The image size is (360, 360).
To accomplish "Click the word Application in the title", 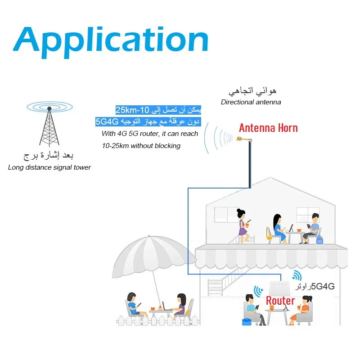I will pyautogui.click(x=111, y=40).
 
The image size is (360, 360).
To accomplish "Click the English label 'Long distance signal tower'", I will pyautogui.click(x=49, y=167).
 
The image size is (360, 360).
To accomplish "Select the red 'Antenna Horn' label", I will pyautogui.click(x=268, y=128).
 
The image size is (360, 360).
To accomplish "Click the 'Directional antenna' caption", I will pyautogui.click(x=251, y=102).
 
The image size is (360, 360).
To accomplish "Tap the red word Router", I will pyautogui.click(x=280, y=301).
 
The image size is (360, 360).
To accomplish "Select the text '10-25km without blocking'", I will pyautogui.click(x=141, y=146).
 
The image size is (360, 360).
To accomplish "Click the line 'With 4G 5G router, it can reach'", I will pyautogui.click(x=150, y=134).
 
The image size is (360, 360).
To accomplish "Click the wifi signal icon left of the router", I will pyautogui.click(x=258, y=291).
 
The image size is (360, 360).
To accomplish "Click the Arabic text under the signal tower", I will pyautogui.click(x=48, y=156).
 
